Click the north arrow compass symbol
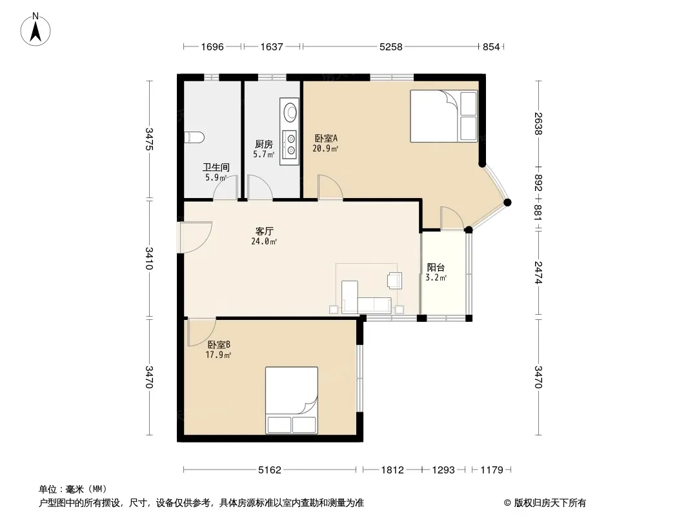click(x=35, y=30)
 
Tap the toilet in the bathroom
click(x=194, y=137)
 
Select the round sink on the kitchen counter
click(x=290, y=112)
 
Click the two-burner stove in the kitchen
click(x=290, y=144)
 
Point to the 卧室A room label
click(x=326, y=138)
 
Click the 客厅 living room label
click(x=265, y=231)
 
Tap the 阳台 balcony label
click(x=436, y=268)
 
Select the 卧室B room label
click(x=219, y=345)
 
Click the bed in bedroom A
click(x=443, y=116)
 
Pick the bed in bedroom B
click(x=291, y=401)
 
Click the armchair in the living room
click(x=394, y=281)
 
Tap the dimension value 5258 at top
click(x=390, y=47)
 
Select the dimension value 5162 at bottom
click(x=269, y=470)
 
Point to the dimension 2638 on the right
click(x=538, y=124)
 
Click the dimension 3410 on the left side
click(x=149, y=258)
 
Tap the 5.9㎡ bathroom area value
click(x=216, y=177)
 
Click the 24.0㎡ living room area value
click(x=264, y=241)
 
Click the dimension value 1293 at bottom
click(x=443, y=470)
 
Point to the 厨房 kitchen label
click(x=264, y=144)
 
